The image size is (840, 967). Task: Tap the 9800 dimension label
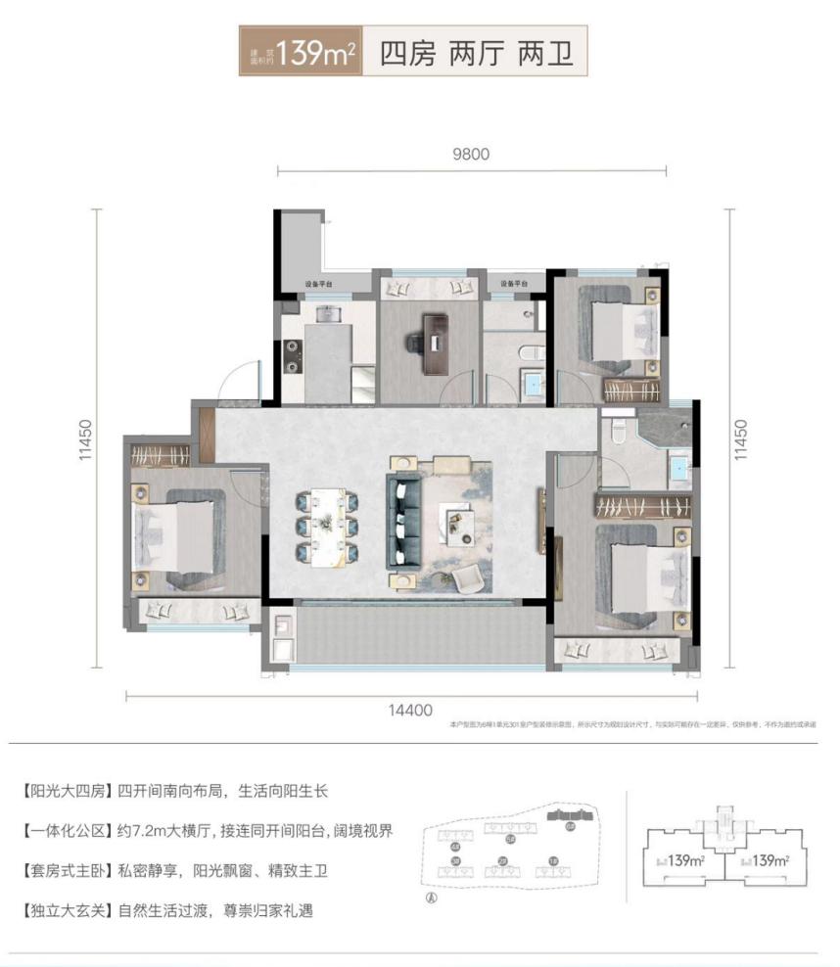(470, 154)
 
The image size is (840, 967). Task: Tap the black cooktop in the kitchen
(291, 354)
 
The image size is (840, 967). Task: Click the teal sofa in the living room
(404, 518)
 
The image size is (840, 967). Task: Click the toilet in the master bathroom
(616, 430)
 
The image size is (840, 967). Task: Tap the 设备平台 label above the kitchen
(318, 285)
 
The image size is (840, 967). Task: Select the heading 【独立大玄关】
(65, 910)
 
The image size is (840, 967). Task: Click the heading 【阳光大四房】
(65, 791)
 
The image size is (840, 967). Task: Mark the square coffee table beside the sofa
(458, 520)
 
